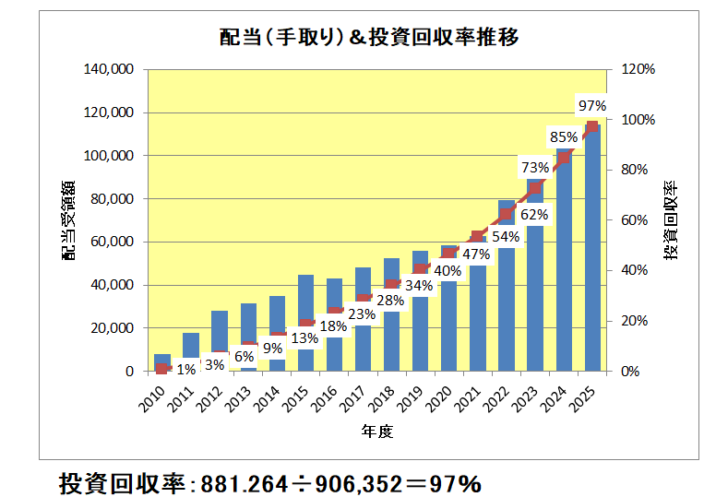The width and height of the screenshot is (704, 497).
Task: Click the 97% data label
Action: [591, 106]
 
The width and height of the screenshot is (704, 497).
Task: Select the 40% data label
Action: [447, 271]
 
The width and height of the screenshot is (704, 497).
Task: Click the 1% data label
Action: [185, 370]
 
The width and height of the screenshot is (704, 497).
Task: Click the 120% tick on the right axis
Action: [638, 69]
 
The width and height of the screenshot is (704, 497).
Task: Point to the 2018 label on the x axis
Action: [387, 396]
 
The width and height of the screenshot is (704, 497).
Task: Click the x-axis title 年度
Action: [377, 432]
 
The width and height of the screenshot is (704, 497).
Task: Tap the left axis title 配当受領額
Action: [70, 220]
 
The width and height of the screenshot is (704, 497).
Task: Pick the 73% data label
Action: [535, 168]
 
